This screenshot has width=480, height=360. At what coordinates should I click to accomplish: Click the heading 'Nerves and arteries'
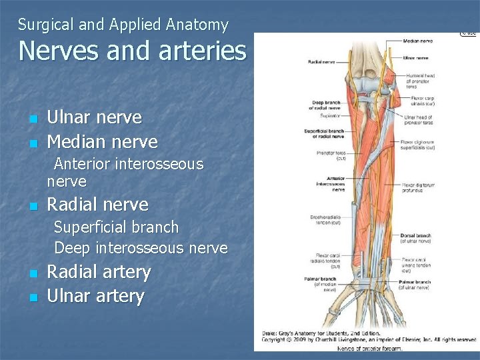pyautogui.click(x=132, y=51)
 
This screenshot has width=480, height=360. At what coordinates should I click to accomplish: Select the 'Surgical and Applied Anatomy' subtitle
pyautogui.click(x=123, y=25)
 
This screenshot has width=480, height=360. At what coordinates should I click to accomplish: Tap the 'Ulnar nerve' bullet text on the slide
pyautogui.click(x=94, y=117)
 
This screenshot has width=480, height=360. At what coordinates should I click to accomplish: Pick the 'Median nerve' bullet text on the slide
pyautogui.click(x=102, y=142)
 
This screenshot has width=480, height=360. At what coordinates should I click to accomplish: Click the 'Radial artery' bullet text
pyautogui.click(x=99, y=272)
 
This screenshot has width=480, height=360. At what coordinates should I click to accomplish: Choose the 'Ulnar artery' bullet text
pyautogui.click(x=95, y=297)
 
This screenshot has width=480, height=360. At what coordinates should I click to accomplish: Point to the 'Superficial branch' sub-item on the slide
pyautogui.click(x=116, y=227)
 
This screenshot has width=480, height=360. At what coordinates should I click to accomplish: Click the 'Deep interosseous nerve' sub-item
pyautogui.click(x=141, y=248)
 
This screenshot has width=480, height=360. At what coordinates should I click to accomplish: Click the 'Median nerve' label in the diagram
pyautogui.click(x=417, y=41)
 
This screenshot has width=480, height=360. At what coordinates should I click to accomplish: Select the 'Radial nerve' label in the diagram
pyautogui.click(x=321, y=62)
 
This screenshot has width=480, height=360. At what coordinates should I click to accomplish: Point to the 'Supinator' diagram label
pyautogui.click(x=331, y=115)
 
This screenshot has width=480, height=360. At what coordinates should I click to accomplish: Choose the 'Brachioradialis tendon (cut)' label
pyautogui.click(x=327, y=220)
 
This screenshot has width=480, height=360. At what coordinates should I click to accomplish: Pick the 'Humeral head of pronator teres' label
pyautogui.click(x=420, y=81)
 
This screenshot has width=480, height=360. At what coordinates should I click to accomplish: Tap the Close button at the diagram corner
pyautogui.click(x=469, y=32)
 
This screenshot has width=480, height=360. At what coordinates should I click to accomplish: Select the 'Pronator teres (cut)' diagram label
pyautogui.click(x=331, y=156)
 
